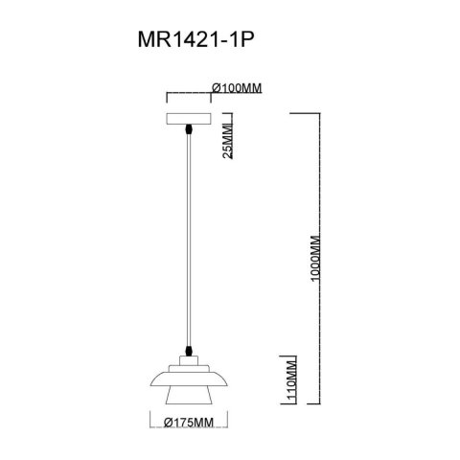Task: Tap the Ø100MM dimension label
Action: [x=237, y=88]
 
